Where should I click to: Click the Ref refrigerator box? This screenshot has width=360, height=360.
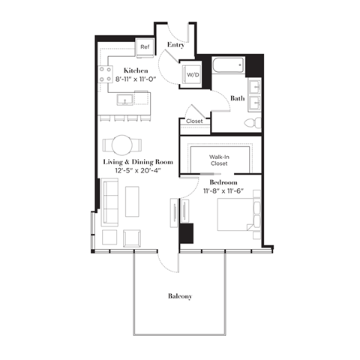pyautogui.click(x=145, y=46)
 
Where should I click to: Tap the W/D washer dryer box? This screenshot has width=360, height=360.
pyautogui.click(x=193, y=75)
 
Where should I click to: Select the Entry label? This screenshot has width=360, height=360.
pyautogui.click(x=175, y=45)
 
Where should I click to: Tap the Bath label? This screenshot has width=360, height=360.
pyautogui.click(x=237, y=98)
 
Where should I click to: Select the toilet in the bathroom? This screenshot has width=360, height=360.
pyautogui.click(x=253, y=121)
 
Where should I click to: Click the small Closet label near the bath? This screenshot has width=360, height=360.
pyautogui.click(x=194, y=121)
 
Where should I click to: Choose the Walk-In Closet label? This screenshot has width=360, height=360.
pyautogui.click(x=219, y=160)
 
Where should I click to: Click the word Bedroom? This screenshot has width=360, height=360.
pyautogui.click(x=224, y=182)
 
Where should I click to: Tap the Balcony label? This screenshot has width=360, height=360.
pyautogui.click(x=179, y=296)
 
